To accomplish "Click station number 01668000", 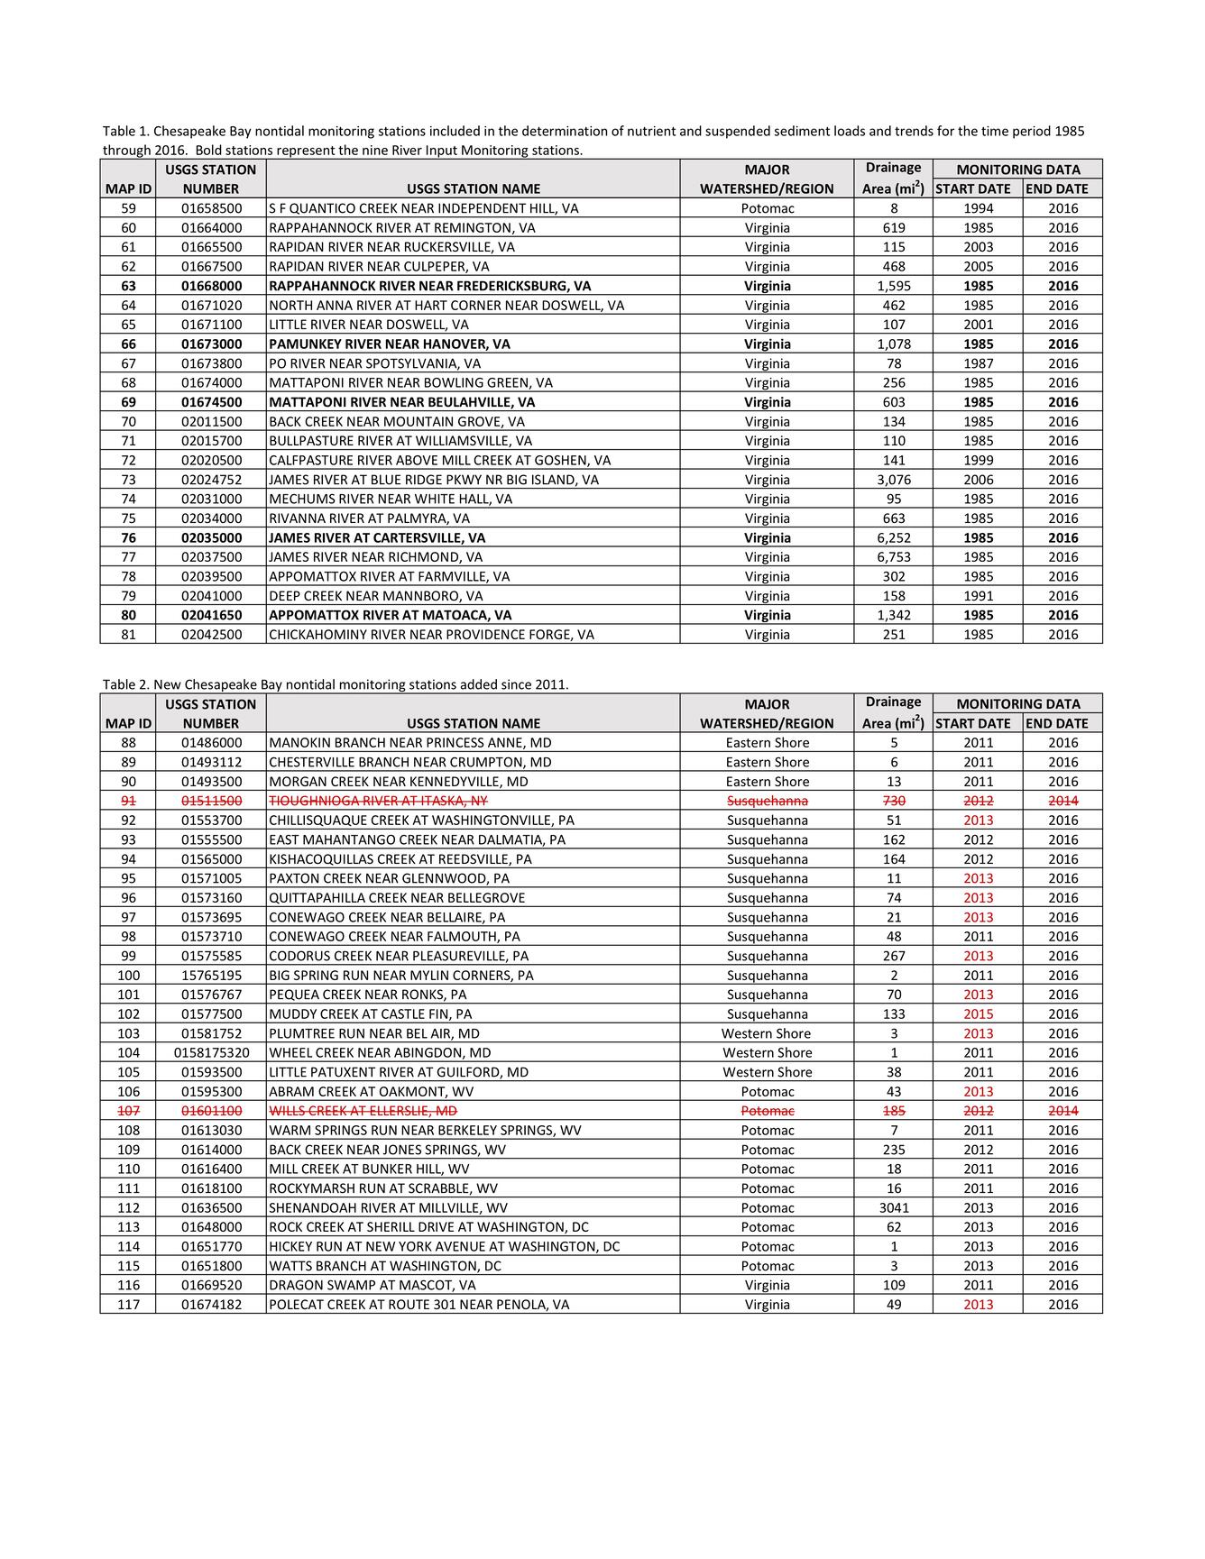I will coord(211,286).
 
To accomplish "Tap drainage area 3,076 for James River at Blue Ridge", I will coord(893,480).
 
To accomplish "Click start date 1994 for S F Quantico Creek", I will coord(978,208).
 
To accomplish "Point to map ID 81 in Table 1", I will coord(128,635).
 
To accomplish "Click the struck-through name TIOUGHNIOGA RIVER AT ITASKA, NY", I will coord(378,802).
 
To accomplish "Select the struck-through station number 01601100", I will coord(211,1111).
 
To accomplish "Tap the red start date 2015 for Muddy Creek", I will coord(978,1014).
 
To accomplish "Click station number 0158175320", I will coord(211,1053).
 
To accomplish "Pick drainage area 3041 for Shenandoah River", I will coord(893,1208).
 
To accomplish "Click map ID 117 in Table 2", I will coord(128,1305).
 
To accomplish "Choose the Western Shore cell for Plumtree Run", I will coord(767,1034).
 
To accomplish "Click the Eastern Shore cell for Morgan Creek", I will coord(767,782).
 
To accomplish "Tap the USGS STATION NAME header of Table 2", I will coord(474,723).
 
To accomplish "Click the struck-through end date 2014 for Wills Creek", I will coord(1062,1111).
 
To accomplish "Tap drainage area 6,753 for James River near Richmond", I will coord(893,557).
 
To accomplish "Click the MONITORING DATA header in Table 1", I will coord(1017,170).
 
